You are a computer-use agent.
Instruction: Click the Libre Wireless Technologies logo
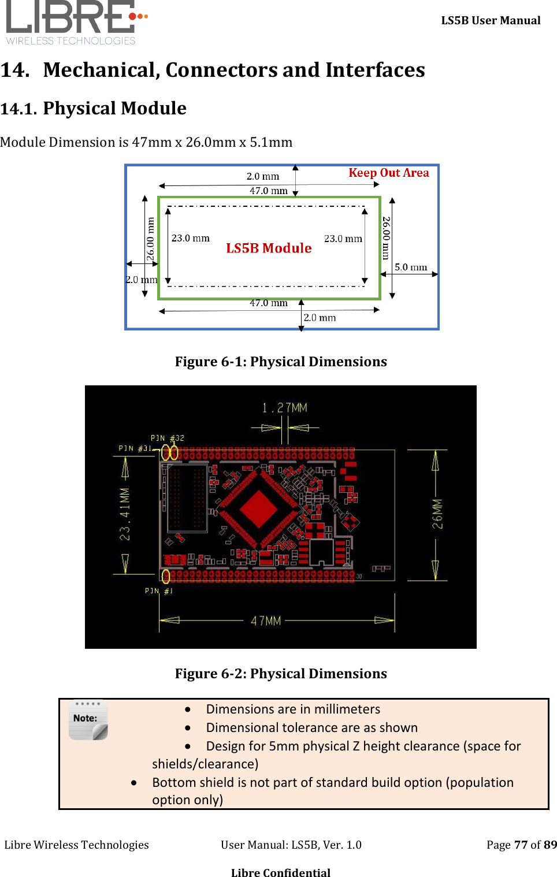tap(75, 22)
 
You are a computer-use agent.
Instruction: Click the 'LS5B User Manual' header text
tap(491, 21)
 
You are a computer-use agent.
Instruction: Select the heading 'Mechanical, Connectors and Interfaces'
tap(234, 70)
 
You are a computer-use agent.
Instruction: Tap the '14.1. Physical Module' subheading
tap(94, 109)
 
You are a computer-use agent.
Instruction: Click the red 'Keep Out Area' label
tap(388, 173)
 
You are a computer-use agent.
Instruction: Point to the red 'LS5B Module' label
tap(269, 248)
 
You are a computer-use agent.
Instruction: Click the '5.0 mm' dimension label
tap(411, 267)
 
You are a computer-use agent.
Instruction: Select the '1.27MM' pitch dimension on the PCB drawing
tap(284, 408)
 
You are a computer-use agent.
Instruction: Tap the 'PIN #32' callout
tap(167, 438)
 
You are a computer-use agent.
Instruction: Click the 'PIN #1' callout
tap(158, 590)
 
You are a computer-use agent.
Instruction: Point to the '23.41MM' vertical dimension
tap(125, 514)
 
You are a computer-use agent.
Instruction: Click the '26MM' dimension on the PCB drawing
tap(437, 514)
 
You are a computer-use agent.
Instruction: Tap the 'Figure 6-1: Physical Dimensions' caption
tap(281, 362)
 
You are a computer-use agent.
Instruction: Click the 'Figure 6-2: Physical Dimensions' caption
tap(281, 674)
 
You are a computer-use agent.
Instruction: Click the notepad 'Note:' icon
tap(88, 720)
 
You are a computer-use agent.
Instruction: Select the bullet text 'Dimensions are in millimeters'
tap(293, 709)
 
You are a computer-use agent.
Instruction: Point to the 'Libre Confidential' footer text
tap(281, 872)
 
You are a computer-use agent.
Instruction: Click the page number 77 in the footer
tap(521, 845)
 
